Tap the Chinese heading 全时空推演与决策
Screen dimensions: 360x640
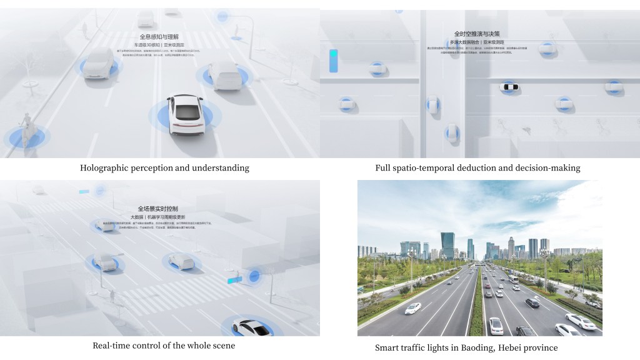pos(477,34)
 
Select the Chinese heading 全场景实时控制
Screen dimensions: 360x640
pos(157,209)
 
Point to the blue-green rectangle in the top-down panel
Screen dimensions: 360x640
pos(333,61)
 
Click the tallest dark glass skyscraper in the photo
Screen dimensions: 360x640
pos(447,246)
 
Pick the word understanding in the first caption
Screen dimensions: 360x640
pos(220,168)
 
